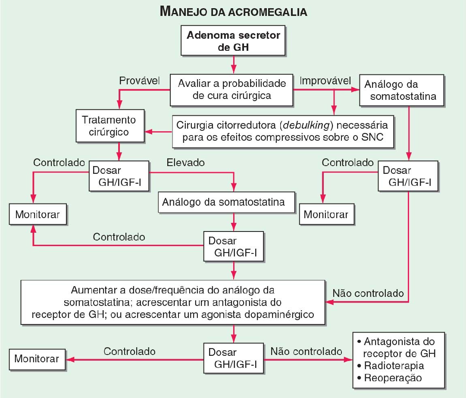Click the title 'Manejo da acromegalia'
pos(233,12)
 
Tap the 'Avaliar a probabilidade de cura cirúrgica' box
pos(231,89)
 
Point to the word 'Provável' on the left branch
pos(139,81)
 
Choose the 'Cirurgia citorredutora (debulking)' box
pos(282,131)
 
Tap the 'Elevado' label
pos(185,163)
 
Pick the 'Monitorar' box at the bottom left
pos(38,358)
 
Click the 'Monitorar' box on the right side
pos(326,214)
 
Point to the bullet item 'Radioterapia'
pos(394,366)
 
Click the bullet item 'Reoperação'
pos(392,378)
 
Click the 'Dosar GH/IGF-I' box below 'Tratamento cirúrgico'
pos(118,176)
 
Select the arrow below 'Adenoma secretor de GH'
pos(233,65)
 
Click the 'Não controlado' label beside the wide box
pos(368,293)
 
